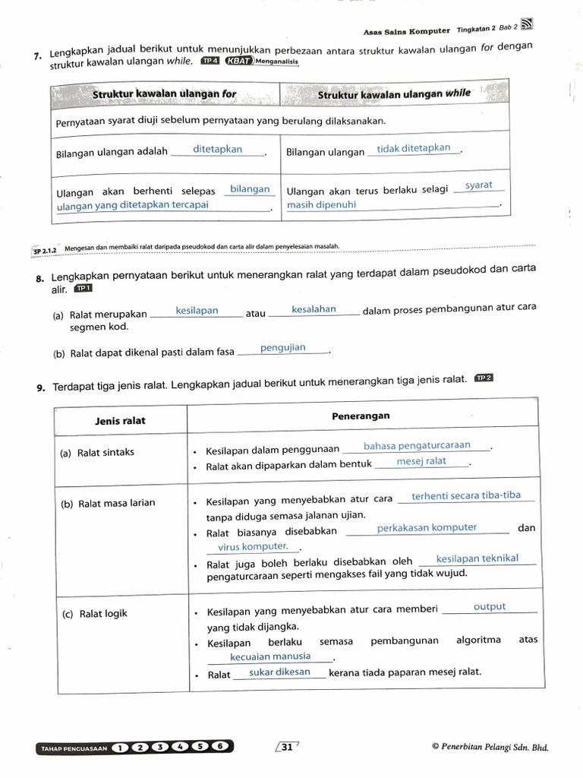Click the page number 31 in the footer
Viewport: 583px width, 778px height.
click(x=287, y=747)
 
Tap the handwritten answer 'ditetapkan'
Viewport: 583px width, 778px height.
click(x=218, y=150)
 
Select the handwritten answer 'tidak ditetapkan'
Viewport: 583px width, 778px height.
click(x=414, y=148)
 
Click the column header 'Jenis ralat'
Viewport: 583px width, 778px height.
click(x=120, y=420)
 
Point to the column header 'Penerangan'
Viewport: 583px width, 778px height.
click(x=361, y=416)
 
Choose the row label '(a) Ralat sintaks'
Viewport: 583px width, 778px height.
click(x=97, y=452)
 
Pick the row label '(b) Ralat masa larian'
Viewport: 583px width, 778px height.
click(x=108, y=503)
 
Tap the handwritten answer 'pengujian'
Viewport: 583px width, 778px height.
click(x=283, y=348)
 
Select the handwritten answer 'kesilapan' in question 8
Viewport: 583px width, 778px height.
click(x=197, y=311)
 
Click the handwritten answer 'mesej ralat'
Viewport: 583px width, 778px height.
click(x=421, y=461)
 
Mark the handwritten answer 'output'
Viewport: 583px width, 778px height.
click(x=489, y=607)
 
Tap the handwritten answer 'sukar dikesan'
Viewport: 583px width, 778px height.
click(x=279, y=672)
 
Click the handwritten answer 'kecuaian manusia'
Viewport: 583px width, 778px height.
click(x=270, y=656)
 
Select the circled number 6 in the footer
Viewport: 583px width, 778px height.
click(x=220, y=747)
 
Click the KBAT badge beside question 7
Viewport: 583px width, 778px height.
click(x=239, y=62)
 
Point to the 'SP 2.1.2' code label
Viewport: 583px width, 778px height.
click(x=46, y=250)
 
